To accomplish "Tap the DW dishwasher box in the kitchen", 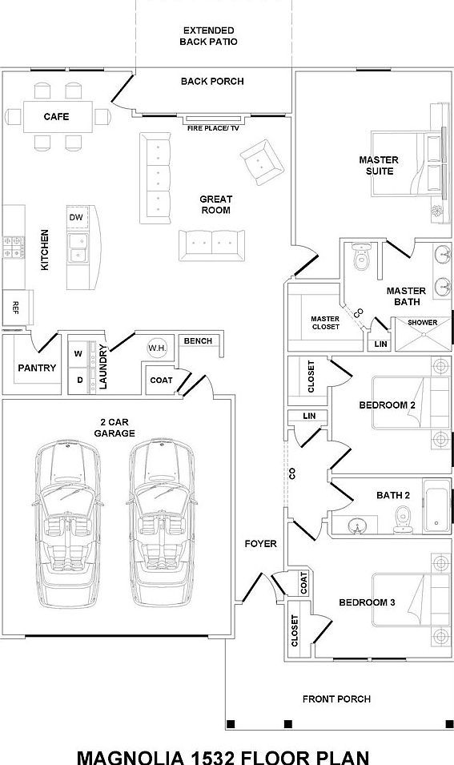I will click(76, 218).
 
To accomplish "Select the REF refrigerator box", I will click(16, 307).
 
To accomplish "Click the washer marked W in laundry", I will click(79, 353).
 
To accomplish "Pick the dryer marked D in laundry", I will click(79, 379).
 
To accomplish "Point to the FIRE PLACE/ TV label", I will click(213, 127).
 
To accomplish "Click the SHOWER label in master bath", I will click(422, 323).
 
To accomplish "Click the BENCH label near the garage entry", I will click(198, 341).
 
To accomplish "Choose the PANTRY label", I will click(37, 368).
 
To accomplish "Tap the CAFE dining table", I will click(56, 117).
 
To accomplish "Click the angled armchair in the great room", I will click(262, 163).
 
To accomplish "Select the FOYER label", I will click(260, 544).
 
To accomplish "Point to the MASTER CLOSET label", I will click(325, 322).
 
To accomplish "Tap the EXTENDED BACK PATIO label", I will click(208, 35).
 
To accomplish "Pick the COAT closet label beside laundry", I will click(161, 380).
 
